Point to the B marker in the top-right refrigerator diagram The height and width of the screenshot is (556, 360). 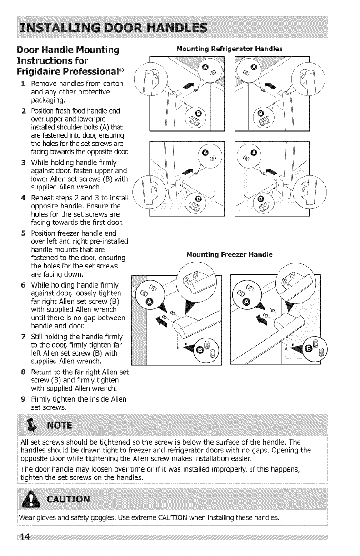[260, 113]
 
